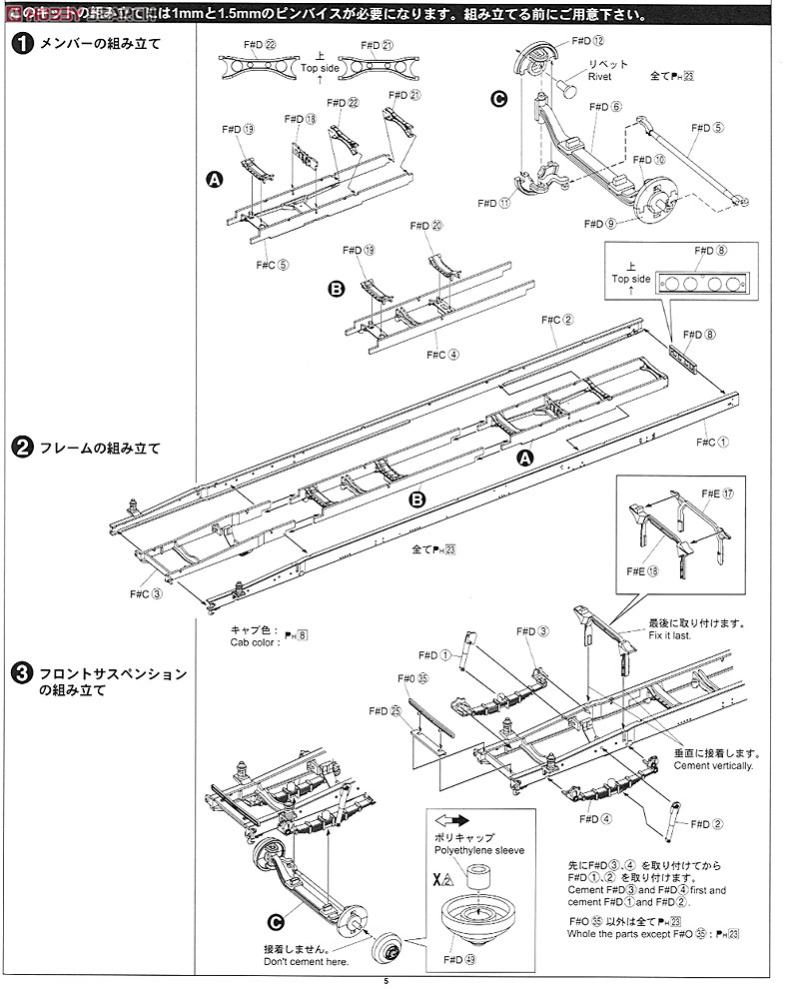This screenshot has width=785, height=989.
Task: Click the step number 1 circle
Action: click(21, 45)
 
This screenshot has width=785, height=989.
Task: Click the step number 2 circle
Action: click(21, 449)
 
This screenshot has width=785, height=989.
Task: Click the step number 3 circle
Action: click(21, 674)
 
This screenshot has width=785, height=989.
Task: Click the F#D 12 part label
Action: click(588, 40)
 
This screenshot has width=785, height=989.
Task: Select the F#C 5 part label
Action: click(270, 264)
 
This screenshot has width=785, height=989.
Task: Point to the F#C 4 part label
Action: click(440, 354)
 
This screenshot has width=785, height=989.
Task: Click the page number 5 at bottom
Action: click(386, 982)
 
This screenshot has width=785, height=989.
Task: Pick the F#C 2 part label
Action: click(556, 320)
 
